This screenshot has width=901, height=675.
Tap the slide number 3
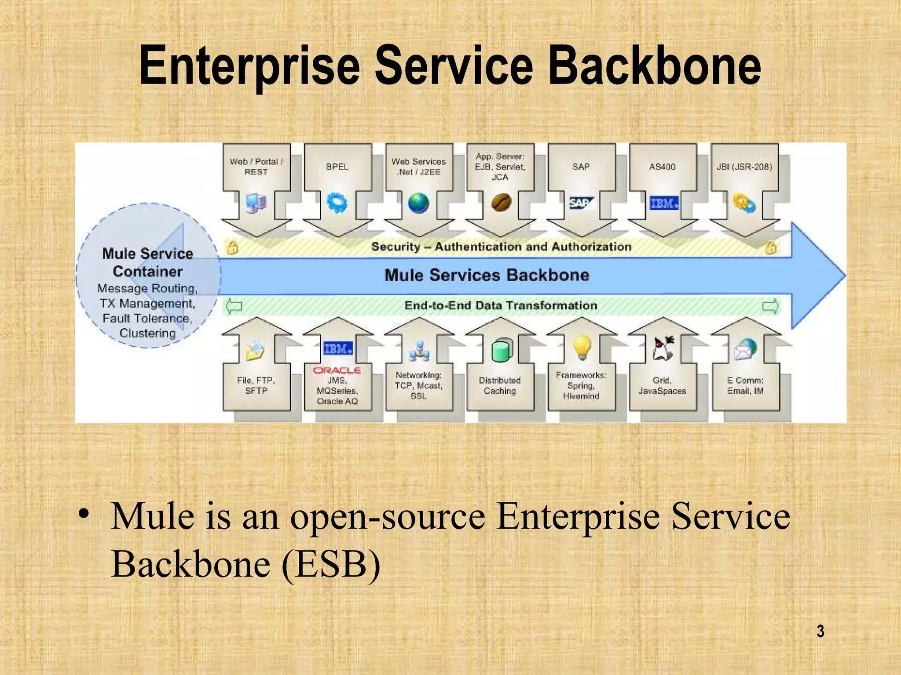(x=820, y=631)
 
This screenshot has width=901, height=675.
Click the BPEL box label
(x=337, y=167)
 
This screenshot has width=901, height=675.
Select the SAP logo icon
(x=581, y=203)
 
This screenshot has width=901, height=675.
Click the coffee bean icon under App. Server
(x=501, y=203)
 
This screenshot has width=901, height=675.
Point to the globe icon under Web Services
(x=418, y=203)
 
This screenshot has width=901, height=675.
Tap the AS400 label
(x=662, y=167)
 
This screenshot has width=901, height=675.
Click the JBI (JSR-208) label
(x=744, y=167)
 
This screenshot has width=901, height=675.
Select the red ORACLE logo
(x=337, y=370)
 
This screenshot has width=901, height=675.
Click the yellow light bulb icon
(x=582, y=348)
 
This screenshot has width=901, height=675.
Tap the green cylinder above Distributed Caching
(x=501, y=350)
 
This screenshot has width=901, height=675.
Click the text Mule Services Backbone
(x=487, y=275)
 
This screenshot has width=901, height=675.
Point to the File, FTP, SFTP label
(x=256, y=385)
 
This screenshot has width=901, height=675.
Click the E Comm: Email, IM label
(x=745, y=385)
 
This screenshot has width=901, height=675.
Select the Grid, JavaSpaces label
(x=662, y=385)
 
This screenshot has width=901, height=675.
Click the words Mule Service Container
(x=148, y=262)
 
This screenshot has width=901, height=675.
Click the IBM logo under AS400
(x=664, y=203)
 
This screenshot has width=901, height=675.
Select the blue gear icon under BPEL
(x=337, y=203)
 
